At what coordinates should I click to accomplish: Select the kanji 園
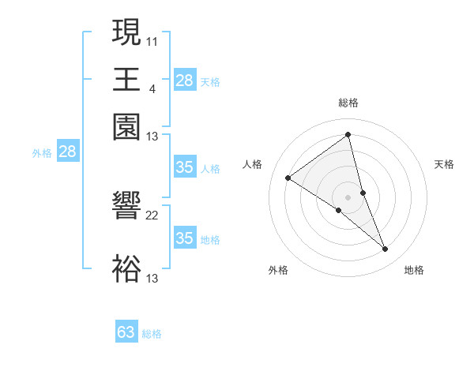(x=126, y=127)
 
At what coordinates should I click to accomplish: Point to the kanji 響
(x=126, y=209)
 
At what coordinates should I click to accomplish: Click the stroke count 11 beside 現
(x=152, y=40)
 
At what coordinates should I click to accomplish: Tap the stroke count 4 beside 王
(x=152, y=88)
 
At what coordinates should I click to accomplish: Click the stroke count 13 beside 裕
(x=152, y=278)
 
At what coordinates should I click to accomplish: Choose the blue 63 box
(x=126, y=332)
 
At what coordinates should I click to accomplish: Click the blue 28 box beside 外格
(x=67, y=152)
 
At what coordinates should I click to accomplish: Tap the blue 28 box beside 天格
(x=184, y=81)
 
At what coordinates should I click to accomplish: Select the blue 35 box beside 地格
(x=184, y=238)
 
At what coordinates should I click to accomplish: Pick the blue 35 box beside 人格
(x=184, y=167)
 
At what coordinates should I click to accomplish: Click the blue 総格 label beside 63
(x=152, y=334)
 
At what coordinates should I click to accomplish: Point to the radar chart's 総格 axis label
(x=348, y=103)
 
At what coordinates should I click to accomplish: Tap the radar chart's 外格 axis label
(x=278, y=270)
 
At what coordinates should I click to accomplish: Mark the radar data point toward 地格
(x=386, y=249)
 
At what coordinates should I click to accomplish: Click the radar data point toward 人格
(x=288, y=178)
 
